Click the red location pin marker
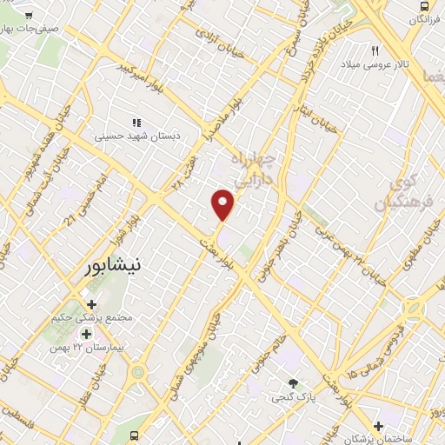(223, 204)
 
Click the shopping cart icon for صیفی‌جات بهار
(28, 16)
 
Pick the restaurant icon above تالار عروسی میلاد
(375, 50)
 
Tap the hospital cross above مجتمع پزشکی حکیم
(92, 303)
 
